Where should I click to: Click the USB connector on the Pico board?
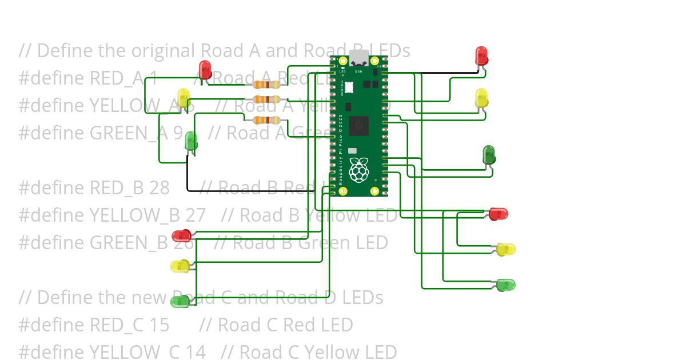click(x=358, y=58)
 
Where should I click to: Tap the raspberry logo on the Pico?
click(x=358, y=170)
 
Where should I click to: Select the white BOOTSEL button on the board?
click(x=349, y=87)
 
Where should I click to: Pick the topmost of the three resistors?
click(x=266, y=85)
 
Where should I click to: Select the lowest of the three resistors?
click(x=266, y=120)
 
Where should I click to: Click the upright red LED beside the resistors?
click(x=205, y=69)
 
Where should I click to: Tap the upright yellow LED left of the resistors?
click(x=183, y=97)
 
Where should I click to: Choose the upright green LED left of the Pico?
click(x=191, y=141)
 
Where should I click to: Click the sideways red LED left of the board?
click(x=182, y=235)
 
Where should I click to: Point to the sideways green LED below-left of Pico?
click(x=181, y=301)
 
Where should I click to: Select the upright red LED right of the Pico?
click(x=482, y=55)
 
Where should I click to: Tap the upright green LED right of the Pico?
click(x=489, y=154)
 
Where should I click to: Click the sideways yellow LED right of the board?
click(x=505, y=249)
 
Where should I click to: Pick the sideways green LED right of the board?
click(x=505, y=285)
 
